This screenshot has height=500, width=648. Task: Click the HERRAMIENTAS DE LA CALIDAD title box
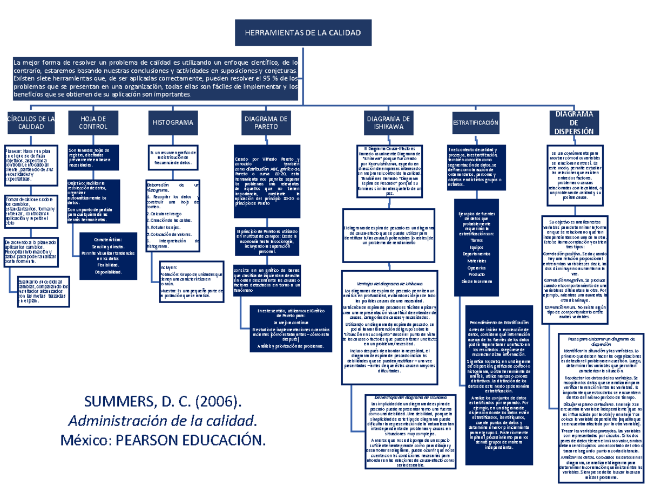click(x=304, y=33)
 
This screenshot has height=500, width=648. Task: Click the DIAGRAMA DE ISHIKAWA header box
click(x=388, y=122)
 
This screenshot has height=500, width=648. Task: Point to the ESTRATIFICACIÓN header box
click(x=476, y=123)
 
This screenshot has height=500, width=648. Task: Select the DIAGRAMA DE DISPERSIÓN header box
click(x=574, y=122)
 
